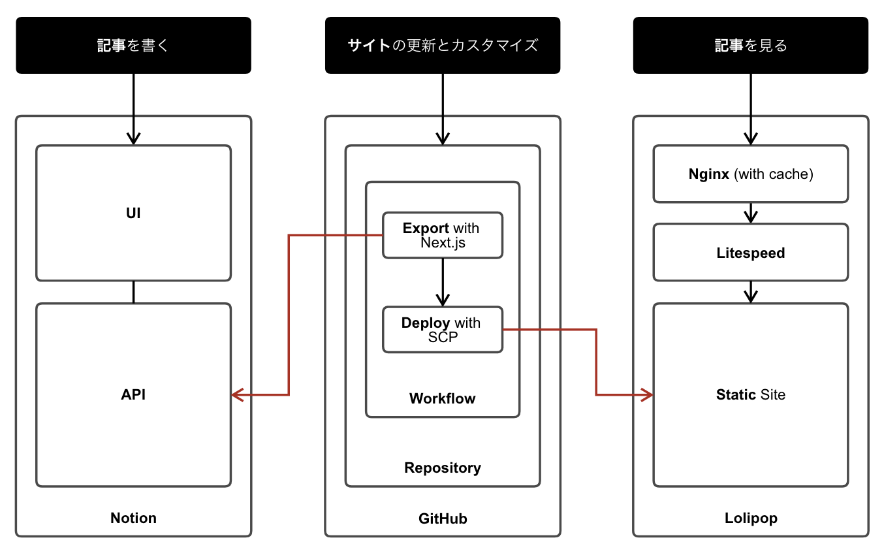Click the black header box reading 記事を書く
click(x=133, y=45)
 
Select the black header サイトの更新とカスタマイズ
click(x=443, y=45)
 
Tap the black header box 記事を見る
click(x=751, y=45)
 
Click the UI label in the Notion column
click(x=133, y=214)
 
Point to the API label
click(x=133, y=394)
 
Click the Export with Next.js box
click(x=443, y=235)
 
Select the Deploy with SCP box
click(x=443, y=330)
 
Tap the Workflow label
click(x=443, y=398)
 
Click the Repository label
click(x=443, y=468)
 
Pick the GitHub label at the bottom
click(x=443, y=518)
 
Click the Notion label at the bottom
click(x=133, y=518)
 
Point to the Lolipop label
click(x=751, y=518)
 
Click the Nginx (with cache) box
click(x=751, y=174)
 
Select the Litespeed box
click(x=751, y=253)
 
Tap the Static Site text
click(x=751, y=394)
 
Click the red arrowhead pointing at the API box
click(x=236, y=394)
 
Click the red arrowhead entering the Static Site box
click(x=648, y=394)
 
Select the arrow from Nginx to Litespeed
click(x=751, y=213)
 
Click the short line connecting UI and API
click(x=133, y=292)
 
